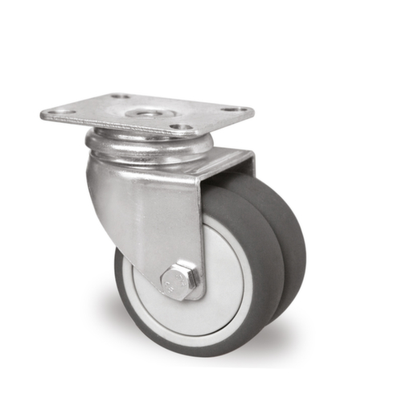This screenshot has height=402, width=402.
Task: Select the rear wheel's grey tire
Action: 291,241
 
